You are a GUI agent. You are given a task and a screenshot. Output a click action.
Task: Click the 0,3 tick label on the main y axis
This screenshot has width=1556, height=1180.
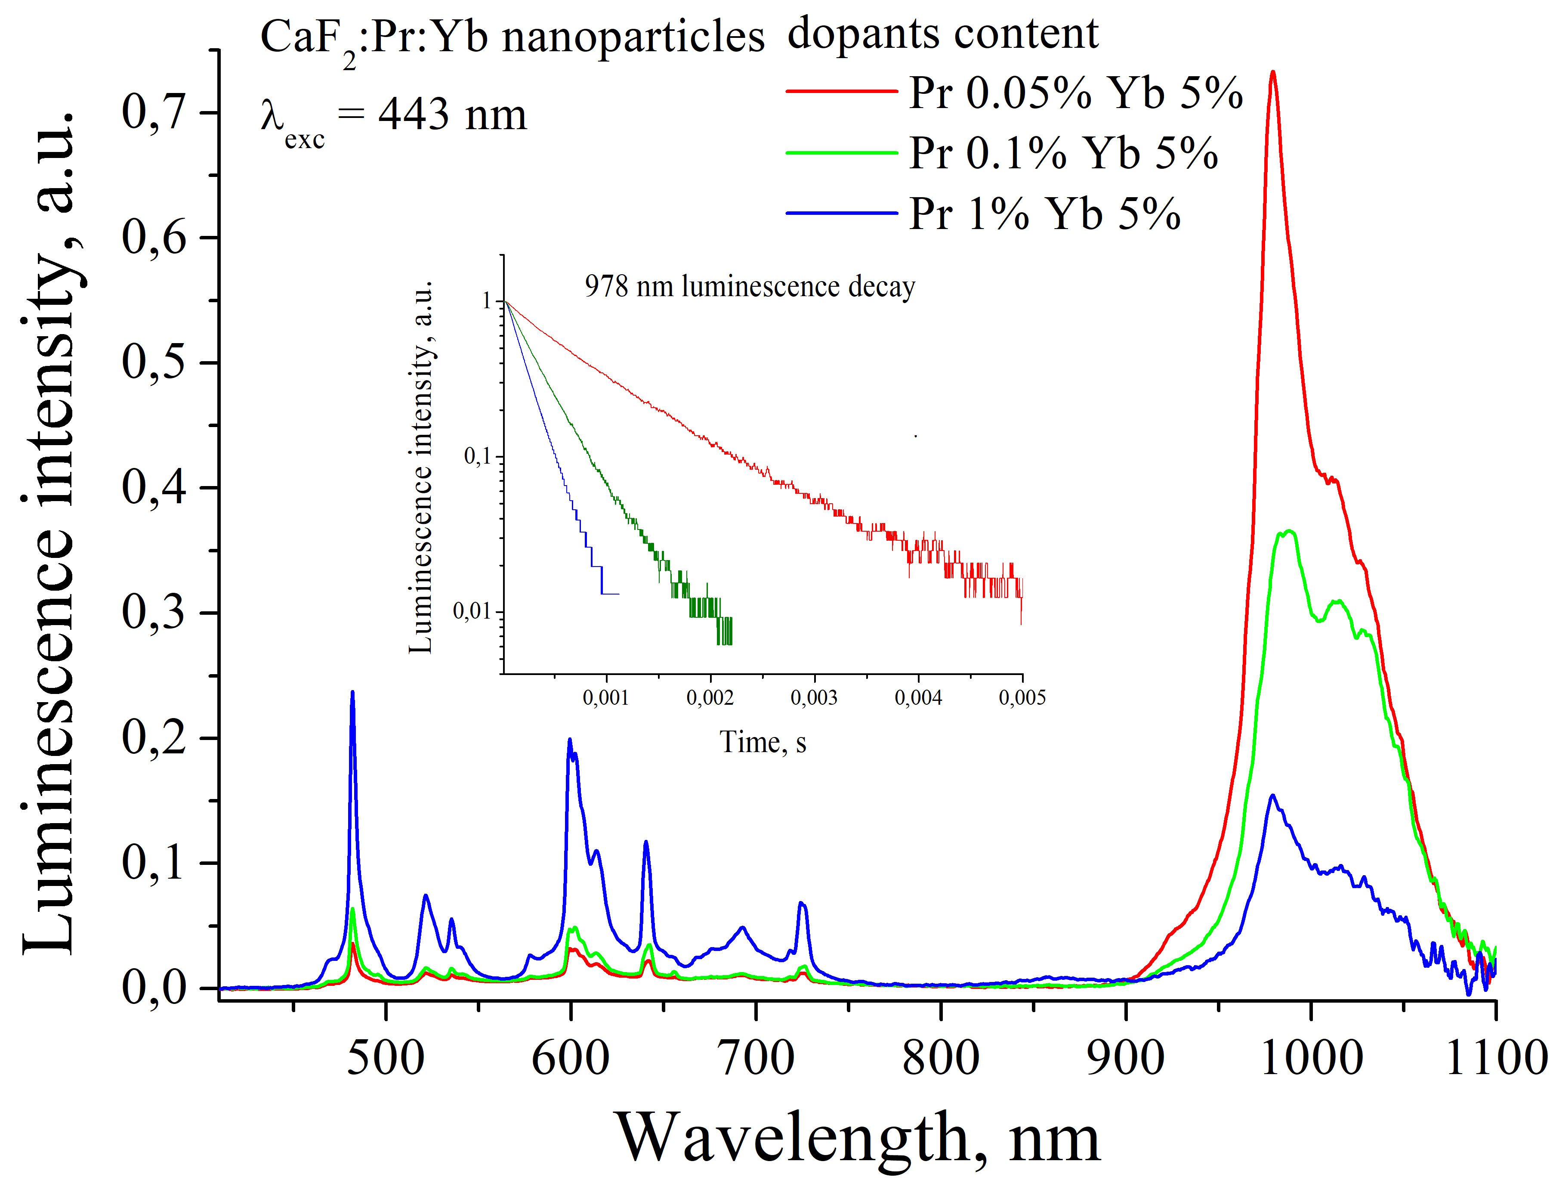coord(153,612)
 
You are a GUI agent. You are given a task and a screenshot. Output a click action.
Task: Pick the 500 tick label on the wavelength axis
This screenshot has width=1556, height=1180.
coord(386,1058)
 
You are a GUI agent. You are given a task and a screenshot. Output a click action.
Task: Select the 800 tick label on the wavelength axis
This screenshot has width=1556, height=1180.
coord(941,1058)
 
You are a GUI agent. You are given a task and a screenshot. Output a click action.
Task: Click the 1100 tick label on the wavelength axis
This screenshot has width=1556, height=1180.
coord(1495,1058)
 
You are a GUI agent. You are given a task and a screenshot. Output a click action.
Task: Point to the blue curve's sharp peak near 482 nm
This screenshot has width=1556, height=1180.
coord(352,693)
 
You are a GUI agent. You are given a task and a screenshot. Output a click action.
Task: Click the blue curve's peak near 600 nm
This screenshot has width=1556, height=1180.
coord(570,740)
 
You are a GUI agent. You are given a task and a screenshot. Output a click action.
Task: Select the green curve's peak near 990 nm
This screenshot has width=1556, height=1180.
coord(1289,531)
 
